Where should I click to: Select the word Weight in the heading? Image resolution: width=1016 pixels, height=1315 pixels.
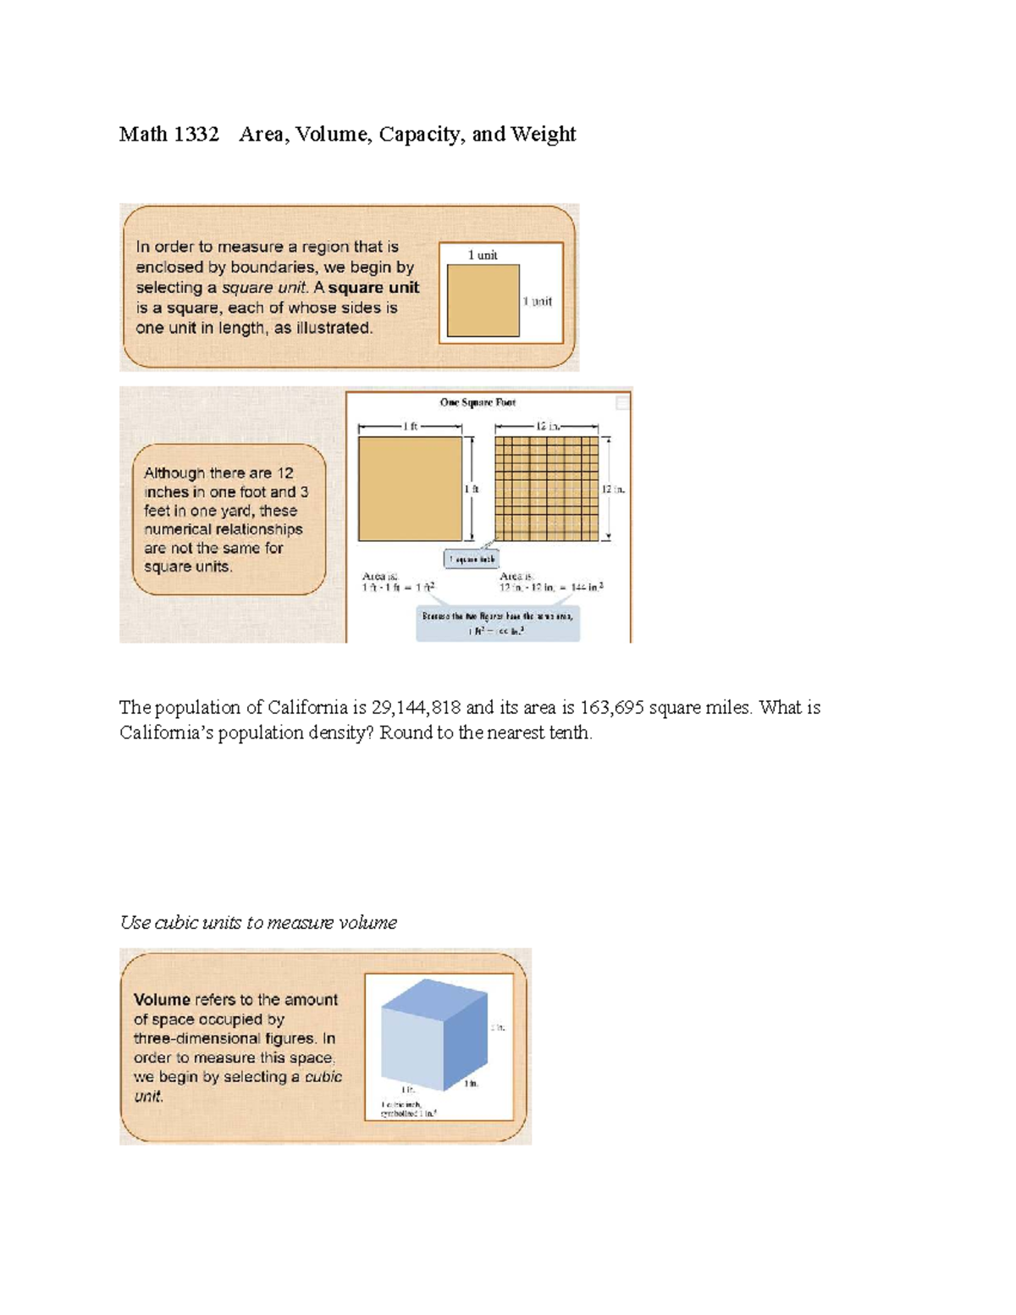point(544,135)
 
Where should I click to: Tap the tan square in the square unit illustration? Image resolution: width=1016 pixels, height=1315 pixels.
point(483,301)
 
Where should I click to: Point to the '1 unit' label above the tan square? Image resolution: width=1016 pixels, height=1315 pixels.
point(483,255)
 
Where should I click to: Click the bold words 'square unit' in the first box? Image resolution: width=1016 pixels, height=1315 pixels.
point(373,288)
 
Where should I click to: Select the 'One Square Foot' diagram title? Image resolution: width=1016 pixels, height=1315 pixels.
point(478,402)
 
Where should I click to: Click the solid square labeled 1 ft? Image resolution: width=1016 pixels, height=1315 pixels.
point(410,489)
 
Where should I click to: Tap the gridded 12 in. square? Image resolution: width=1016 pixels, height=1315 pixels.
point(546,489)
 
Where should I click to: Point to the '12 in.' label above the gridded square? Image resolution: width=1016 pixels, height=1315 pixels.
point(547,427)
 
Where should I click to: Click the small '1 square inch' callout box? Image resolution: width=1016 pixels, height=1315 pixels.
point(472,559)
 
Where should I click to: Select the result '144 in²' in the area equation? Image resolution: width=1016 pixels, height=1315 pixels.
point(587,587)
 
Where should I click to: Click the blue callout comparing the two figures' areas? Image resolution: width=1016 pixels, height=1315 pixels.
point(498,623)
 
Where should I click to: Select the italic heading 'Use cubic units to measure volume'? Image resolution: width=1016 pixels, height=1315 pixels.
point(258,923)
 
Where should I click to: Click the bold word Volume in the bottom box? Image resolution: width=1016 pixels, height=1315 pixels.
point(162,1000)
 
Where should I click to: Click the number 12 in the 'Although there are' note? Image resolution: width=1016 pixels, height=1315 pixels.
point(284,473)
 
